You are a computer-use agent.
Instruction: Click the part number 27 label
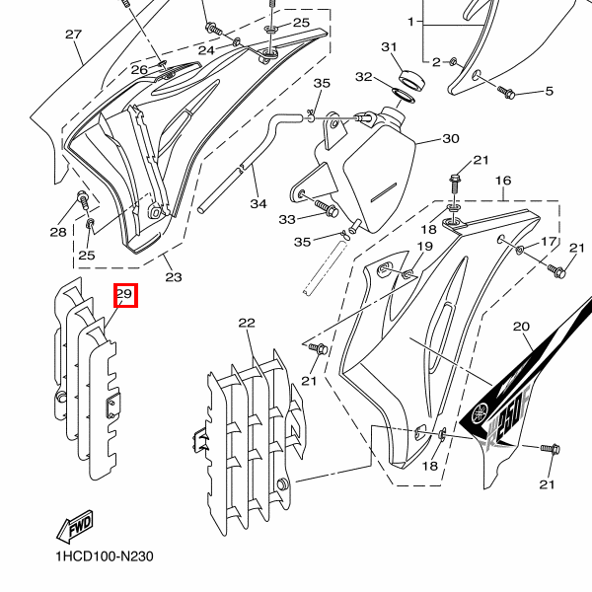tap(73, 35)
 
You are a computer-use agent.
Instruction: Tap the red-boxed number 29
tap(124, 294)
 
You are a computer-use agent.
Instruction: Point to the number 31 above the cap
tap(389, 47)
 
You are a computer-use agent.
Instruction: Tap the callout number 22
tap(247, 323)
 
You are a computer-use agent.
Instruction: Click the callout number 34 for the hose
tap(259, 204)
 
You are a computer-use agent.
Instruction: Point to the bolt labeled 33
tap(327, 209)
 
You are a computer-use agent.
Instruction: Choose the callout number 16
tap(503, 182)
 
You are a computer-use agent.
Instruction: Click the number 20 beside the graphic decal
tap(521, 327)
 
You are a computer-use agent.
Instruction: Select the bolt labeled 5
tap(508, 93)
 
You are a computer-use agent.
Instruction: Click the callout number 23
tap(174, 277)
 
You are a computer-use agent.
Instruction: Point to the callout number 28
tap(58, 233)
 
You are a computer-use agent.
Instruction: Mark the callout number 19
tap(425, 247)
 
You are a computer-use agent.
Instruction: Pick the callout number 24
tap(206, 50)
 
